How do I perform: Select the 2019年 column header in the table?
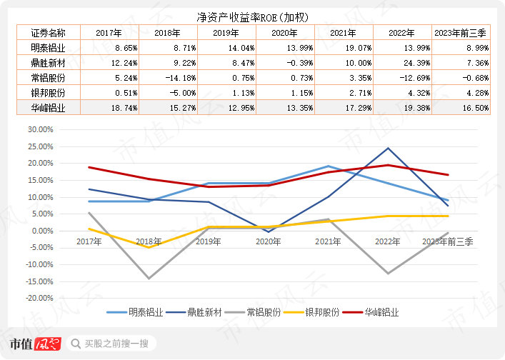(x=226, y=32)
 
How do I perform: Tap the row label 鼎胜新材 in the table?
(x=48, y=62)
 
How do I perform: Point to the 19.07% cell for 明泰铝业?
(x=344, y=47)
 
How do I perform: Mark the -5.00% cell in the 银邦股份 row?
(x=169, y=92)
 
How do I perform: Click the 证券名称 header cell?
(x=48, y=32)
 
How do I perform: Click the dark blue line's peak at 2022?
(x=388, y=149)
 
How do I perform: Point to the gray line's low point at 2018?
(x=149, y=279)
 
